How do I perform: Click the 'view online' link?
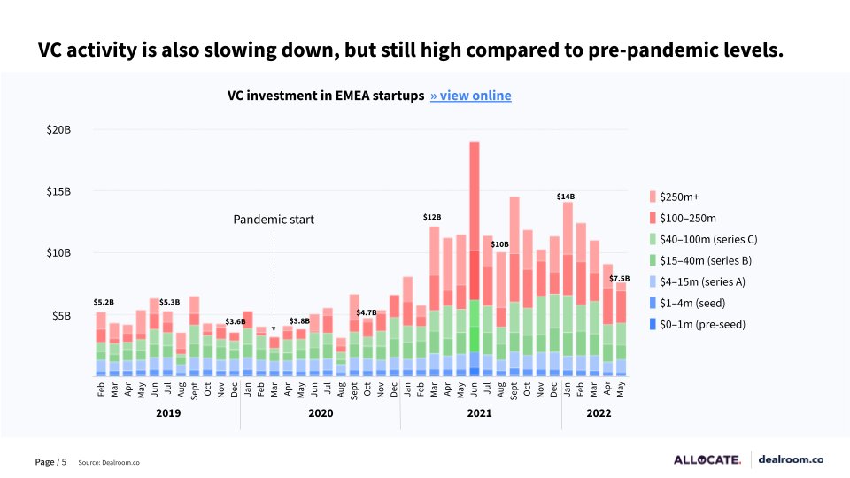(x=470, y=96)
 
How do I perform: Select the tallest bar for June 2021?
(x=475, y=257)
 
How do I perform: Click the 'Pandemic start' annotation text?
(x=274, y=219)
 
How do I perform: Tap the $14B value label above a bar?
(x=566, y=196)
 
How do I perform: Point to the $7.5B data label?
(x=619, y=279)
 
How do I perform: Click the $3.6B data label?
(x=235, y=321)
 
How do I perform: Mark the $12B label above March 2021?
(x=432, y=217)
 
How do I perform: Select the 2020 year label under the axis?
(x=321, y=413)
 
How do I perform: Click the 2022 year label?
(x=599, y=413)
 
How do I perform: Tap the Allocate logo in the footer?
(x=707, y=459)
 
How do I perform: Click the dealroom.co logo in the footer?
(x=792, y=459)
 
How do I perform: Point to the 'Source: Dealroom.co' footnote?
(x=109, y=462)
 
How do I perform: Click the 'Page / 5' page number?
(x=50, y=462)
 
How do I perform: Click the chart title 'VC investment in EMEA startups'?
(x=325, y=96)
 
